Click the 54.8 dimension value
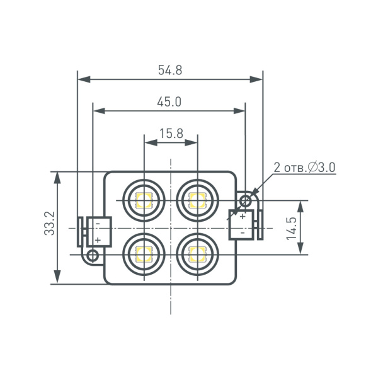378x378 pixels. pyautogui.click(x=170, y=71)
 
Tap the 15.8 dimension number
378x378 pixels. pyautogui.click(x=171, y=133)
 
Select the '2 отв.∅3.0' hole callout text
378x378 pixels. pyautogui.click(x=304, y=168)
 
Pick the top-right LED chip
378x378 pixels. pyautogui.click(x=197, y=201)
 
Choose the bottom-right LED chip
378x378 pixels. pyautogui.click(x=197, y=255)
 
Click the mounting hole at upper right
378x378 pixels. pyautogui.click(x=246, y=201)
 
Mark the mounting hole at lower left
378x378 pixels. pyautogui.click(x=93, y=255)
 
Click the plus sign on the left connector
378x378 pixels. pyautogui.click(x=98, y=240)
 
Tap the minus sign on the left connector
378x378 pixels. pyautogui.click(x=98, y=224)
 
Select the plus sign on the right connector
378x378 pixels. pyautogui.click(x=242, y=217)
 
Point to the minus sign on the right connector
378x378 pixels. pyautogui.click(x=242, y=232)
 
